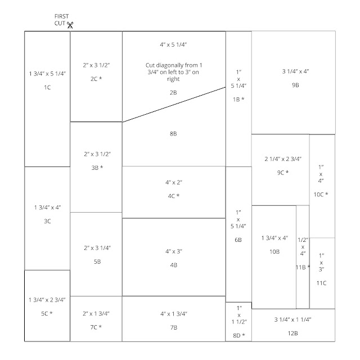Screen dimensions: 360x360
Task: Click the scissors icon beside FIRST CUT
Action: pyautogui.click(x=71, y=25)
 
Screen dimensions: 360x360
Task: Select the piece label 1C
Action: pyautogui.click(x=47, y=88)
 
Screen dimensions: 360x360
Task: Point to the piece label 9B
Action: pyautogui.click(x=295, y=84)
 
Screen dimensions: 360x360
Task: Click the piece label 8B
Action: pyautogui.click(x=173, y=134)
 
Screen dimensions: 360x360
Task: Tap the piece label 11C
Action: pyautogui.click(x=321, y=283)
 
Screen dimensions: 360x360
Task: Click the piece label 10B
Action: pyautogui.click(x=274, y=251)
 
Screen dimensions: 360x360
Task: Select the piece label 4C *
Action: pyautogui.click(x=173, y=196)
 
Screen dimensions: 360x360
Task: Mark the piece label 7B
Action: pyautogui.click(x=173, y=327)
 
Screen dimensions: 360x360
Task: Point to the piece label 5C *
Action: pyautogui.click(x=47, y=313)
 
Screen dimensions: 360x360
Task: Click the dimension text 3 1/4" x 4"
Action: pyautogui.click(x=295, y=71)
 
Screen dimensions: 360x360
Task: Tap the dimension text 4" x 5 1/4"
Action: pyautogui.click(x=173, y=44)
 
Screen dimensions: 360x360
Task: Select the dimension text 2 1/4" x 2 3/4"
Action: pyautogui.click(x=280, y=159)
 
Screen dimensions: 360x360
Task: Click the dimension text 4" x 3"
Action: pyautogui.click(x=173, y=250)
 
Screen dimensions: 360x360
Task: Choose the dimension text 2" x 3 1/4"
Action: pyautogui.click(x=96, y=248)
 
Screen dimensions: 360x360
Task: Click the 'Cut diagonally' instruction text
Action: pyautogui.click(x=173, y=73)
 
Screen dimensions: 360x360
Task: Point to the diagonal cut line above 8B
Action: pyautogui.click(x=174, y=104)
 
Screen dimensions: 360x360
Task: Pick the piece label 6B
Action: pyautogui.click(x=238, y=240)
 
